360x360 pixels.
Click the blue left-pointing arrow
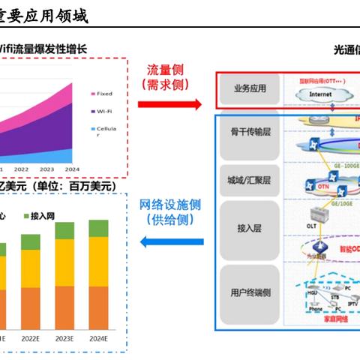(172, 241)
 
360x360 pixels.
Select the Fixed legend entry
(103, 94)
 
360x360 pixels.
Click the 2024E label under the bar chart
(97, 337)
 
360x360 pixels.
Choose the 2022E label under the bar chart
(31, 337)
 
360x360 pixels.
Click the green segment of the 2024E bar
(97, 228)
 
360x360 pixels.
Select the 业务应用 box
(247, 91)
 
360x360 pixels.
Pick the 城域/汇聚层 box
(247, 181)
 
